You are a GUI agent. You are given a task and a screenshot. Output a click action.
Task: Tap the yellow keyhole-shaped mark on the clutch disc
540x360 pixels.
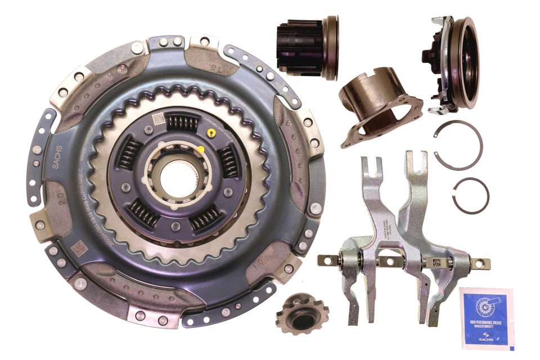coord(210,133)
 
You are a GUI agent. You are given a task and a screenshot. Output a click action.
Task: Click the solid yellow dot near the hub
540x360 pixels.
coord(201,150)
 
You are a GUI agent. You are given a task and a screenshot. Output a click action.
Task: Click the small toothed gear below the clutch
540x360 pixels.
coord(296,314)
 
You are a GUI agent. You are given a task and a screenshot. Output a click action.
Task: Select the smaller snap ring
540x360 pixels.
coord(471,195)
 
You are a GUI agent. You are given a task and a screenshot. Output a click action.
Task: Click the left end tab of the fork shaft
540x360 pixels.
coord(326,260)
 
